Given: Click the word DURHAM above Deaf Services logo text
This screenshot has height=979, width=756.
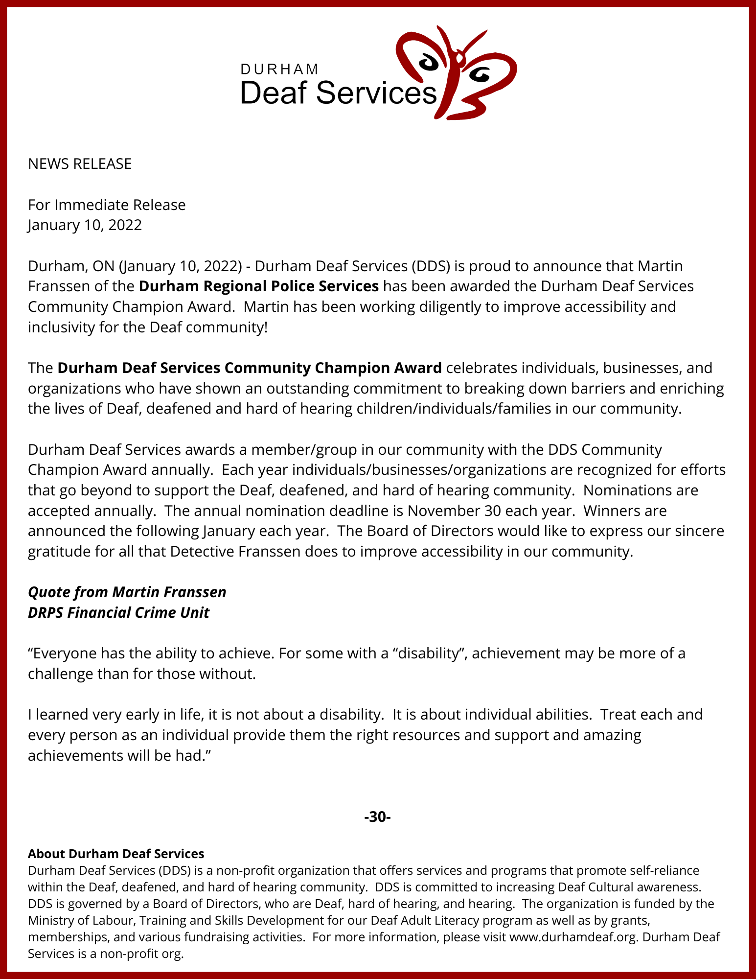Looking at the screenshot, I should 279,69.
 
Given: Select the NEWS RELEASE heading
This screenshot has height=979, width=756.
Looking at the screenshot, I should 80,163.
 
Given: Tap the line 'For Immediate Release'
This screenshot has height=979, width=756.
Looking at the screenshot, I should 107,205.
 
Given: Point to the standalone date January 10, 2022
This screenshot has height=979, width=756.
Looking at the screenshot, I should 85,225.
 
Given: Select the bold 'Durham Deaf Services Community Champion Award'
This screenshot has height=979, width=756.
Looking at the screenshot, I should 250,368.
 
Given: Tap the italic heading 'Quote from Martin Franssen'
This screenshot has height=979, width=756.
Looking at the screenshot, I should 127,592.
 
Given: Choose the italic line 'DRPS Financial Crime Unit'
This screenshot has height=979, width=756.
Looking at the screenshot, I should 119,612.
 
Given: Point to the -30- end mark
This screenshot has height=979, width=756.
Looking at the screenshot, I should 377,817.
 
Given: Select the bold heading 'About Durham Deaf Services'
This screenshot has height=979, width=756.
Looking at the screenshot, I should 116,854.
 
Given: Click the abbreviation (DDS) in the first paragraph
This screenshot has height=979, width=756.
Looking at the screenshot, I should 430,266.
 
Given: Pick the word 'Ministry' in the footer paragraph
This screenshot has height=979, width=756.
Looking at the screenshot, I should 49,920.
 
